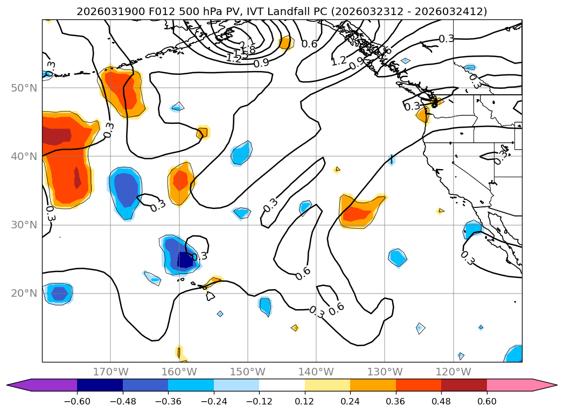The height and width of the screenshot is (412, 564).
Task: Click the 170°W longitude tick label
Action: (x=110, y=372)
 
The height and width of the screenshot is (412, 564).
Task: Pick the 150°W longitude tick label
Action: (x=248, y=372)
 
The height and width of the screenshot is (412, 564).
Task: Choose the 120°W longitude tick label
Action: (x=453, y=372)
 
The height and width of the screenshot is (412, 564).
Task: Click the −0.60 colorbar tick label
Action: (x=77, y=401)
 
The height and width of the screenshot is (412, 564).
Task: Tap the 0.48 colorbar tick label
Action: (x=441, y=401)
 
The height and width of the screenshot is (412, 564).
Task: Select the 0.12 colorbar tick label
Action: (x=305, y=401)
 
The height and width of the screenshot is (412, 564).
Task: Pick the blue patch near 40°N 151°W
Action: (x=241, y=154)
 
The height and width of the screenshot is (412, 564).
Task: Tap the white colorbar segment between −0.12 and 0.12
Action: (x=282, y=385)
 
